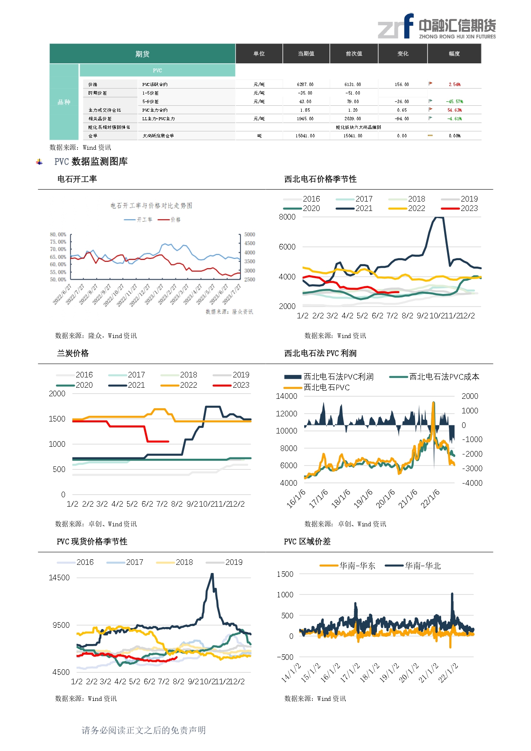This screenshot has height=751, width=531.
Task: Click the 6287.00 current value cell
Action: point(305,84)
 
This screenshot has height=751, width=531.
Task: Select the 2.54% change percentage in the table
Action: point(454,84)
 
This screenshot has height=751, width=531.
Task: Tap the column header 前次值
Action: point(354,53)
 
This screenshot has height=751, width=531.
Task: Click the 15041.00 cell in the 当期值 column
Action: point(305,136)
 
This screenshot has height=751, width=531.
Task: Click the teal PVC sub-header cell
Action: point(157,70)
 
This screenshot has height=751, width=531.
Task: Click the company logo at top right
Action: point(436,27)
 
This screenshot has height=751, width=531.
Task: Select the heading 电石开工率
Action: point(77,179)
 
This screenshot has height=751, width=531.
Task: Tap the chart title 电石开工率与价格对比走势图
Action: point(151,206)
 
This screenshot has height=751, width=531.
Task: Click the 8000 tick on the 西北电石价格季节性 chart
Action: point(287,217)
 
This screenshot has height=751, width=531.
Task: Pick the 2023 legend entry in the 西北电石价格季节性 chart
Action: point(469,208)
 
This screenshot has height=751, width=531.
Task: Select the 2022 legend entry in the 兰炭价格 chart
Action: point(188,385)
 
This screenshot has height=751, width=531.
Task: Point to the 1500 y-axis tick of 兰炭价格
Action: point(57,419)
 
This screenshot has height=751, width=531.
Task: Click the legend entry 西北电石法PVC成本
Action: point(444,377)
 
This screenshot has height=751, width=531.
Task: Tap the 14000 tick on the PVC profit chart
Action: point(287,396)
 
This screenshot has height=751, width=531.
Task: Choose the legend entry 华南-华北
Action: point(422,566)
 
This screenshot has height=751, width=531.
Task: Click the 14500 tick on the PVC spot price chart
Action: point(59,578)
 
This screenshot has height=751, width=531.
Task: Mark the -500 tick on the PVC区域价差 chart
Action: point(285,657)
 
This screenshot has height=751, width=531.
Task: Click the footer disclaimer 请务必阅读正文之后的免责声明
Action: point(144,730)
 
